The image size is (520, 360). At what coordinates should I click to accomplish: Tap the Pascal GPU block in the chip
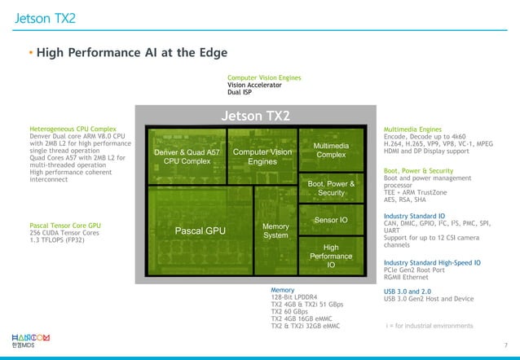(x=200, y=231)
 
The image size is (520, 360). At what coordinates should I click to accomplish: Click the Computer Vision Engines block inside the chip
(x=262, y=156)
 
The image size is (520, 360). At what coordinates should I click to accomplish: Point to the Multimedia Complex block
(x=331, y=150)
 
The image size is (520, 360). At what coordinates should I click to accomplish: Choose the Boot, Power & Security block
(x=331, y=188)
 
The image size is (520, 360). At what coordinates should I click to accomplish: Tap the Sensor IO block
(x=331, y=220)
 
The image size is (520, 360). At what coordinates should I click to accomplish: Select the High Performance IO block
(x=331, y=256)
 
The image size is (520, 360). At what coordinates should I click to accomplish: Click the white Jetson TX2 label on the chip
(x=255, y=116)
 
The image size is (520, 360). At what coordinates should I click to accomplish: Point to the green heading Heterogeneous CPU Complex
(x=73, y=129)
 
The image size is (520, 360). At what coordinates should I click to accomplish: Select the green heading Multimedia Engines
(x=412, y=129)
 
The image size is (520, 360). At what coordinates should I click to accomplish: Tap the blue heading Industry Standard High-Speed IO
(x=431, y=263)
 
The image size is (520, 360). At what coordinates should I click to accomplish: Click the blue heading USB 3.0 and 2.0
(x=408, y=290)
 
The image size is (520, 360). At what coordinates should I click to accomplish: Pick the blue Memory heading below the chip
(x=282, y=289)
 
